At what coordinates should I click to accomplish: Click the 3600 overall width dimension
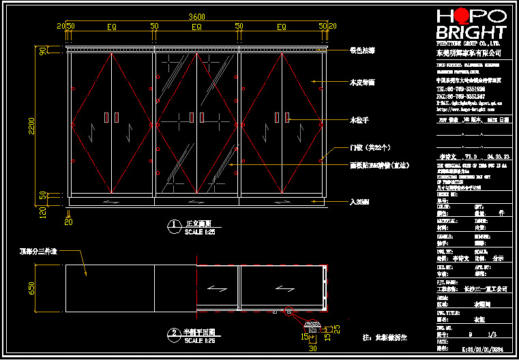point(196,16)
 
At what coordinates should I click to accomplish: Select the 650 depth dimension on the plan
point(31,288)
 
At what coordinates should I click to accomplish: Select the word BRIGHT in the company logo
point(471,33)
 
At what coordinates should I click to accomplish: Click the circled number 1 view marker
point(175,224)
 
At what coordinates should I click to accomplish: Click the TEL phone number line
point(460,89)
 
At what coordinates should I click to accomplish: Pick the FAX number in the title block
point(460,96)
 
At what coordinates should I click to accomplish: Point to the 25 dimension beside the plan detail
point(336,329)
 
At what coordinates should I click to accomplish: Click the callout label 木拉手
point(359,120)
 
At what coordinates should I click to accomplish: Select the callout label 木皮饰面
point(361,82)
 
